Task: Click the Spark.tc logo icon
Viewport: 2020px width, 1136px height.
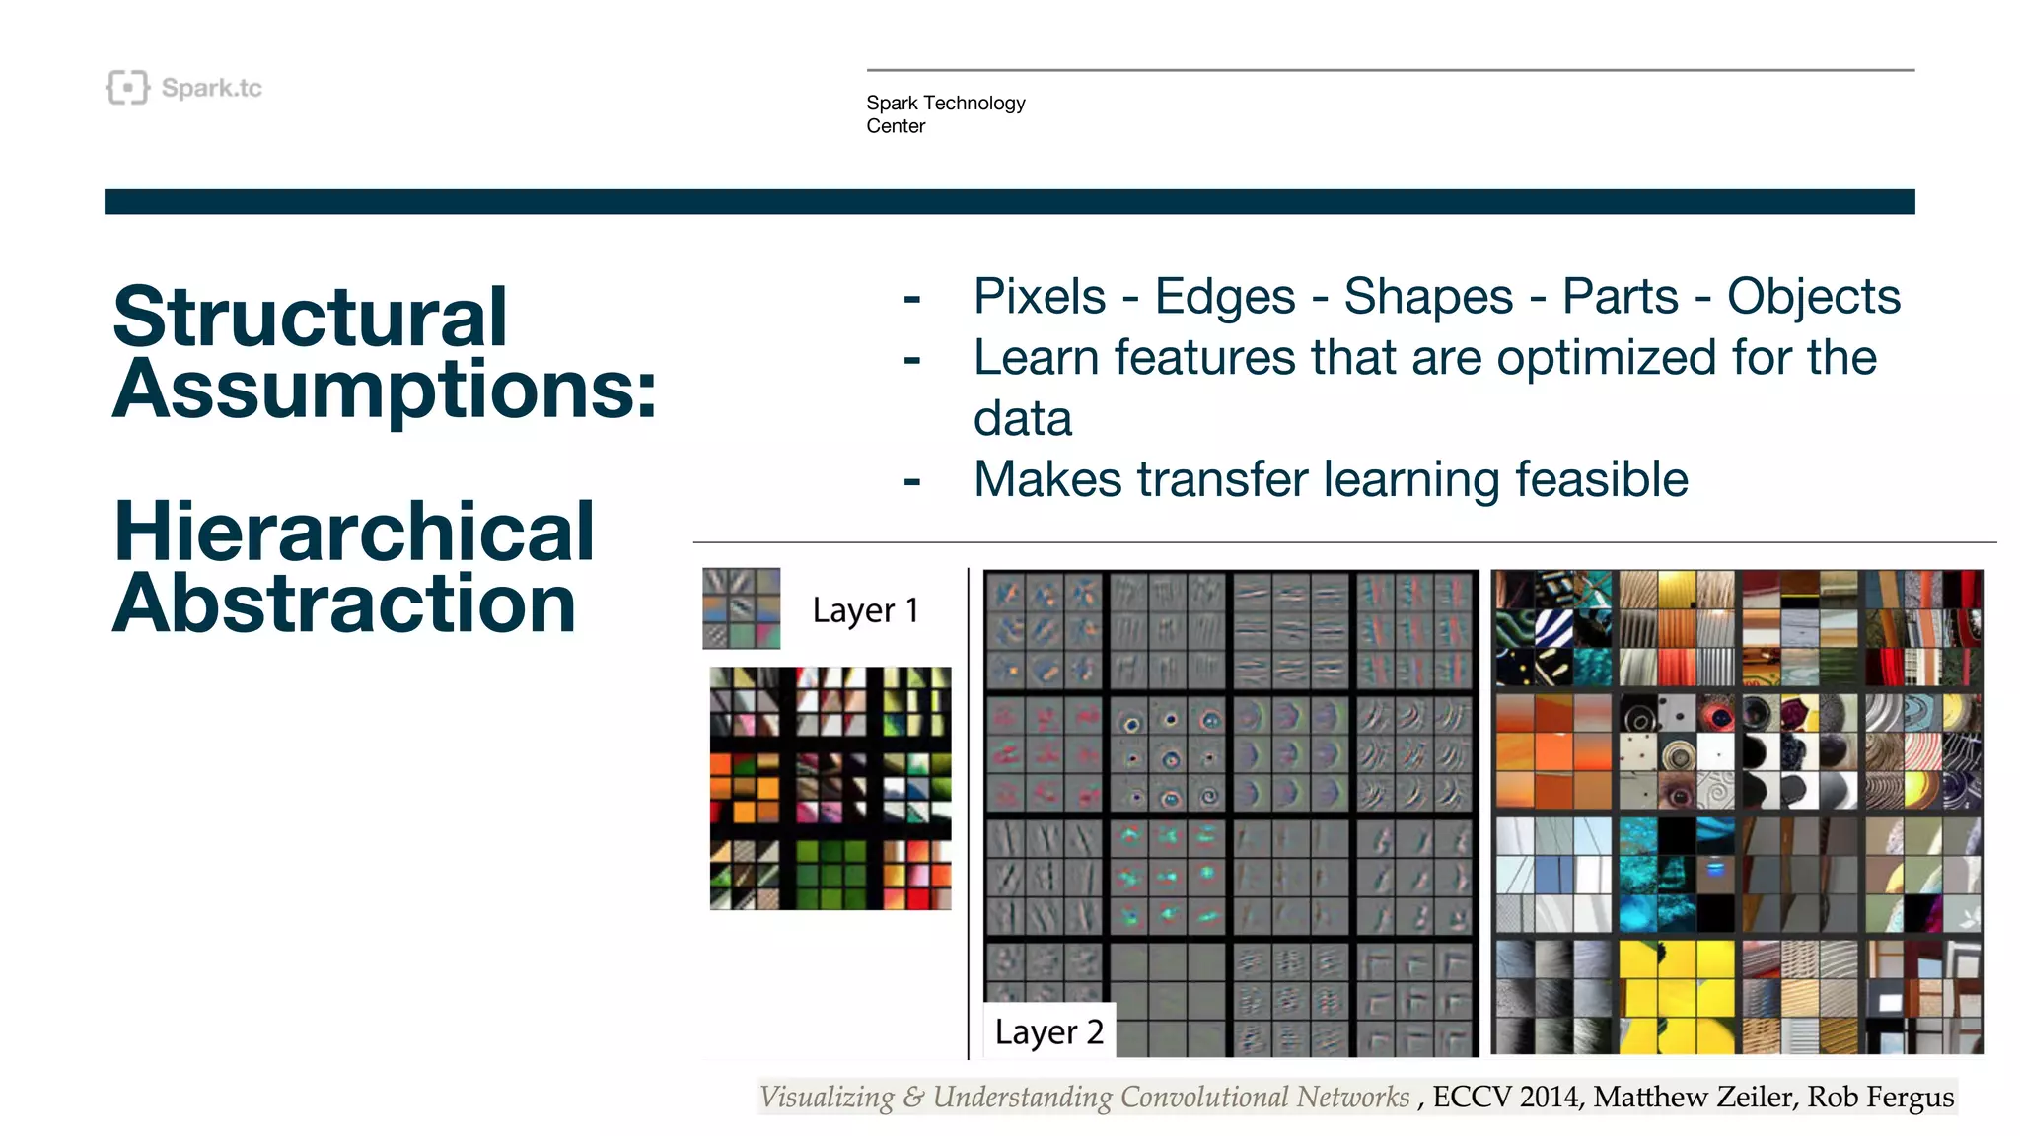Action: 127,88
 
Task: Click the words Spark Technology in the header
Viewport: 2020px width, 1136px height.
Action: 945,103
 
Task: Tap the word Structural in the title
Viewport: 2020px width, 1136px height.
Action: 310,318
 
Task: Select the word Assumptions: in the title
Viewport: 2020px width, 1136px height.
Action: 385,389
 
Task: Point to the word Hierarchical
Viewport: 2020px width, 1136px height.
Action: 353,532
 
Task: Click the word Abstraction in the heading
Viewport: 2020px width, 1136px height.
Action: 344,603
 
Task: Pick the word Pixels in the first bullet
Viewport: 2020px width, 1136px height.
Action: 1039,297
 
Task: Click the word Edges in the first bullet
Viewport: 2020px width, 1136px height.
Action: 1224,297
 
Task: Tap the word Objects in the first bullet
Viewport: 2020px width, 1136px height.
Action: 1813,297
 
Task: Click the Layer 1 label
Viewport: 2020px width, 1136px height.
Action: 865,610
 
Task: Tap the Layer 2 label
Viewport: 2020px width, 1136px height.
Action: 1048,1031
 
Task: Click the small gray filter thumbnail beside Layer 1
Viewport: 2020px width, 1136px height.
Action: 741,608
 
